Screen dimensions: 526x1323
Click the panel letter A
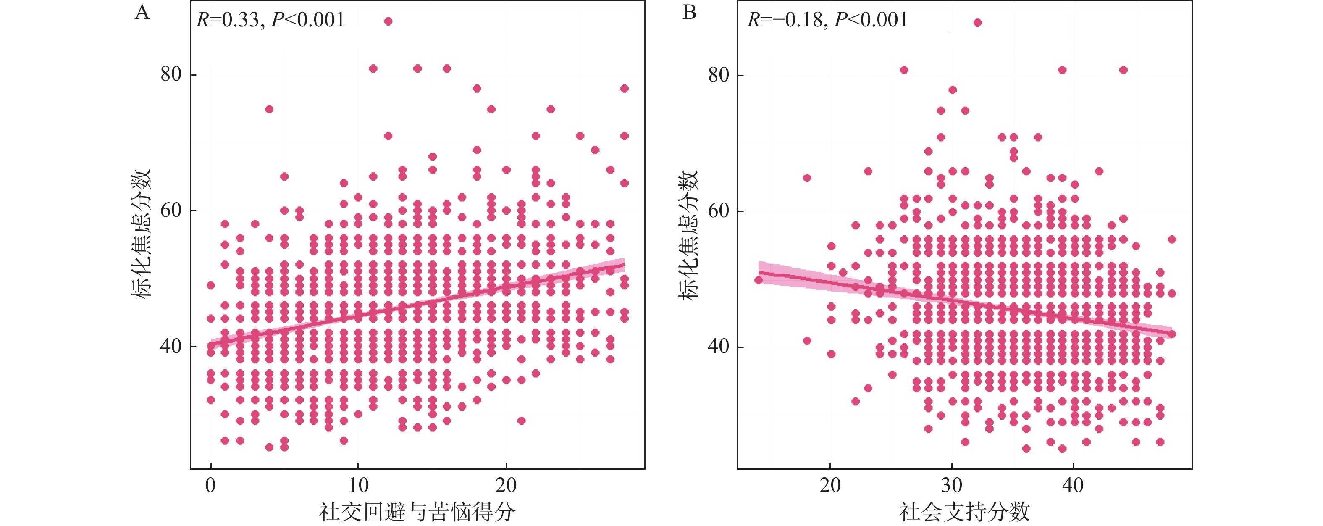[142, 12]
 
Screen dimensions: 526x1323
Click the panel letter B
[689, 12]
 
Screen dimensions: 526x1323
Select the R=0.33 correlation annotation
[270, 20]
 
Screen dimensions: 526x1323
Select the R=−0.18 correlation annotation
[827, 20]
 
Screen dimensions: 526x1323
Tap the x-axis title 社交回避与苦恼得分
[417, 512]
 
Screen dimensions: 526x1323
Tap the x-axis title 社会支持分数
[964, 512]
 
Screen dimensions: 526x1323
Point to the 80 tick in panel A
[171, 74]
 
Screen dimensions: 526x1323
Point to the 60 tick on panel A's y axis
[171, 210]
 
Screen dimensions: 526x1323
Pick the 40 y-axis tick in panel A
[171, 346]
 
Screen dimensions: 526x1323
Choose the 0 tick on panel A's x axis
[210, 485]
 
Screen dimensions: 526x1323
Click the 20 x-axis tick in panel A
[506, 485]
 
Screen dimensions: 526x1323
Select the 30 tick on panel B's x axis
[952, 485]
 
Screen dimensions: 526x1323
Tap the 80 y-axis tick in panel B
[719, 76]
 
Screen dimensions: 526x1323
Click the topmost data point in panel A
[388, 21]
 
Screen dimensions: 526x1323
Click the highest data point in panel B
[977, 23]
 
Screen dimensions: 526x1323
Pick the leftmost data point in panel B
[759, 280]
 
